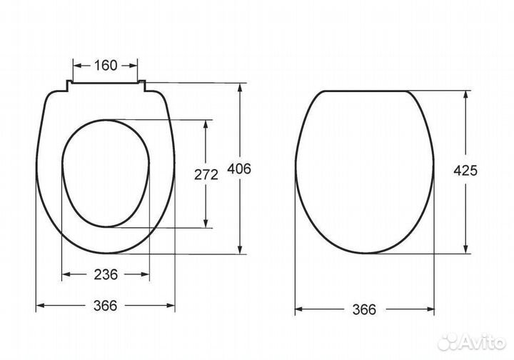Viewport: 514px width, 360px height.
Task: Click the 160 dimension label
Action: tap(106, 66)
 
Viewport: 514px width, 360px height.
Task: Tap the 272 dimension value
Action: tap(206, 175)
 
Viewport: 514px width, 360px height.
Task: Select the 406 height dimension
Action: tap(239, 169)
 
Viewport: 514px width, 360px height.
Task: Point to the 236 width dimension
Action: tap(106, 274)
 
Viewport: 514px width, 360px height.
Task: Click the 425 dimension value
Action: tap(465, 171)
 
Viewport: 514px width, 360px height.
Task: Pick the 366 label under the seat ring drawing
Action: tap(105, 306)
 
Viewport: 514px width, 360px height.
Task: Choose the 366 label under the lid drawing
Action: tap(364, 309)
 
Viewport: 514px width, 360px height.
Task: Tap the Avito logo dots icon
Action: tap(448, 342)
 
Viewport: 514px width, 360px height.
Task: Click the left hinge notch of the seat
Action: tap(69, 85)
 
